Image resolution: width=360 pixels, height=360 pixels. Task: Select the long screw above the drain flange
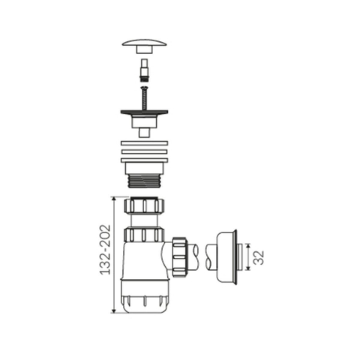144,97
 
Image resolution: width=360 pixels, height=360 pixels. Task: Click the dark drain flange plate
144,112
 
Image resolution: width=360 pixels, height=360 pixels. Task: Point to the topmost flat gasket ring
144,144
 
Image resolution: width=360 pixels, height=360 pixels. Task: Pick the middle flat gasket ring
144,151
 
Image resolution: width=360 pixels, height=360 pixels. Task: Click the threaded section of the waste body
144,181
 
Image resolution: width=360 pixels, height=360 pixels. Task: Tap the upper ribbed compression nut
144,205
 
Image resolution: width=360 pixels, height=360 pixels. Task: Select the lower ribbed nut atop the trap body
144,235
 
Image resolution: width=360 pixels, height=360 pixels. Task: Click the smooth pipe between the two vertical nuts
144,220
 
